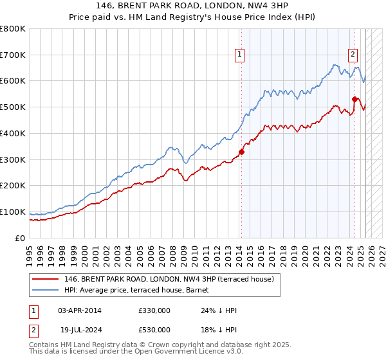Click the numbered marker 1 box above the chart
click(239, 55)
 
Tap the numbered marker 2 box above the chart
click(353, 55)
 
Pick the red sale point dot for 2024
click(354, 99)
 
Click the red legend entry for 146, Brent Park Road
click(169, 279)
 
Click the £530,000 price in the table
click(154, 330)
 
